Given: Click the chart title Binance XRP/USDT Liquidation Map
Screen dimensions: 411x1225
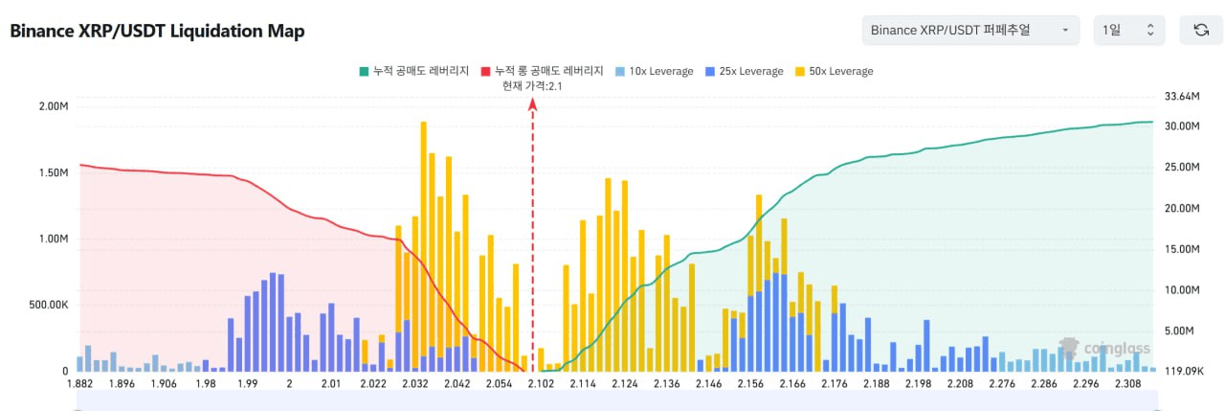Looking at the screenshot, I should [x=157, y=32].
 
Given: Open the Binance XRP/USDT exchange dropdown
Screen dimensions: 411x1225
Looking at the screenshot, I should [x=969, y=30].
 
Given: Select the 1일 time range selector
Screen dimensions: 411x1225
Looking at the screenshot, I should [x=1128, y=30].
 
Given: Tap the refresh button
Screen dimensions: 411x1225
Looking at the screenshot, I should [x=1200, y=30].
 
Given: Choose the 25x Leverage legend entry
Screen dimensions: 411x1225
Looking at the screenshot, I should [x=743, y=71].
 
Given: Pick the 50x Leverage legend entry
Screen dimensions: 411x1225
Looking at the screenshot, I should [x=834, y=71].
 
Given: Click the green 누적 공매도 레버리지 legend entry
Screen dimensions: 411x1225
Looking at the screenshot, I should [x=413, y=71].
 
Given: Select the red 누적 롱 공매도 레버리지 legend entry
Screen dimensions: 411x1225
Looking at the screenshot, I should [x=542, y=71].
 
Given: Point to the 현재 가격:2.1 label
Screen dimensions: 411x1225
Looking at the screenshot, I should [x=532, y=86].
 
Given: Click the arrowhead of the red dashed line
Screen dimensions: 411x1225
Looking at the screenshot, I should [x=533, y=104].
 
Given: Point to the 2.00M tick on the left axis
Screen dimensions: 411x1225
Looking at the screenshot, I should [x=52, y=106].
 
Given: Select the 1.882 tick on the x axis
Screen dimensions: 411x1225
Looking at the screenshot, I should [x=79, y=384].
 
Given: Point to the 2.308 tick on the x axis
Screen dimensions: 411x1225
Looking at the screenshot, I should [x=1127, y=384].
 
